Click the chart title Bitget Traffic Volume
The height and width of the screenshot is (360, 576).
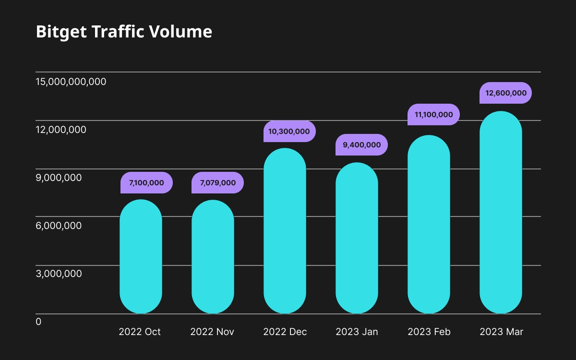click(124, 32)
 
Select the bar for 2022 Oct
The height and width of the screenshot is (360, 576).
click(141, 257)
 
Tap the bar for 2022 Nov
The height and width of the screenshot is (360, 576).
click(213, 257)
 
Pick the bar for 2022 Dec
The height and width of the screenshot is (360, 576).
click(285, 231)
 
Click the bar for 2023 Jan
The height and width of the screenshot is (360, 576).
click(357, 238)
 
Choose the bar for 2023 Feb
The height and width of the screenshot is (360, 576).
click(429, 225)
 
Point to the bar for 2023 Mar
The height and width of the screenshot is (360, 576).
click(501, 213)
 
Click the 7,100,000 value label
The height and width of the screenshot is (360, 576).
click(146, 182)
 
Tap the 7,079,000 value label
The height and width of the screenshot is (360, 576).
click(217, 182)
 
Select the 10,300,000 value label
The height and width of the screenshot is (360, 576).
click(289, 131)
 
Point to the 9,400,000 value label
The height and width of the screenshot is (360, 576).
click(361, 144)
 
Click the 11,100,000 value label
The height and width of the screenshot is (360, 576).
click(433, 114)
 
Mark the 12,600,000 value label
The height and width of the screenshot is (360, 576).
click(505, 93)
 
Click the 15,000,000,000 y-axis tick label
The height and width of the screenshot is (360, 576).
click(71, 82)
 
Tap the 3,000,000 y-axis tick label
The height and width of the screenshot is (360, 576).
click(59, 274)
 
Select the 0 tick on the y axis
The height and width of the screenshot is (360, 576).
click(39, 322)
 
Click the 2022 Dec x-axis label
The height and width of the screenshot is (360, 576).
click(285, 332)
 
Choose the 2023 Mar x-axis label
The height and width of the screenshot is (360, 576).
click(501, 332)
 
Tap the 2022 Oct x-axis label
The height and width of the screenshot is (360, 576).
click(140, 332)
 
